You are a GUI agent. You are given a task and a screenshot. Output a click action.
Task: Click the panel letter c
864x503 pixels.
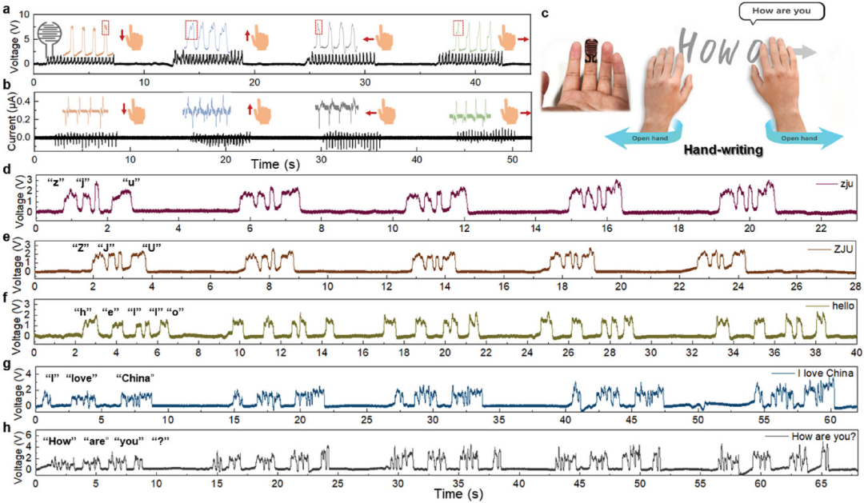[546, 13]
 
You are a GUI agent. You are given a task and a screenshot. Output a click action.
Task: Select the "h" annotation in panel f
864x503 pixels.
[82, 311]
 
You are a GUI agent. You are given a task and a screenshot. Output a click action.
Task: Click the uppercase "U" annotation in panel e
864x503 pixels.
[151, 246]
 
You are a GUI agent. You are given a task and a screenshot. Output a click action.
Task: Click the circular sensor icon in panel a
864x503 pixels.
[47, 35]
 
